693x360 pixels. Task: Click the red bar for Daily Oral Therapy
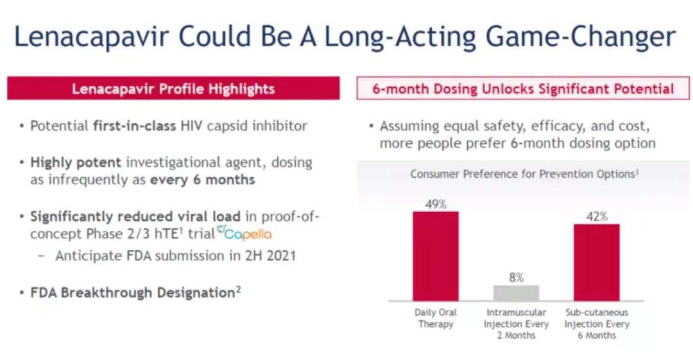pos(436,255)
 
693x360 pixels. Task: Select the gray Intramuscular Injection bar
pos(516,293)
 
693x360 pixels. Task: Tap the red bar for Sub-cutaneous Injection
pos(596,262)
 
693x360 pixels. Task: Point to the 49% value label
pos(436,205)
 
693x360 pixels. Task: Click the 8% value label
pos(516,278)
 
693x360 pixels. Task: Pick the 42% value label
pos(596,217)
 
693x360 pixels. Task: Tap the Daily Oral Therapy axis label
pos(436,318)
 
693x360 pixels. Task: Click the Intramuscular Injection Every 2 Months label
pos(516,323)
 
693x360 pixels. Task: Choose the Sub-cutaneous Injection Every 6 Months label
pos(596,323)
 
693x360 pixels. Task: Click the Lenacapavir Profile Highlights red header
pos(173,89)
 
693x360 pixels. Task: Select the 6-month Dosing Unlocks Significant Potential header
pos(523,89)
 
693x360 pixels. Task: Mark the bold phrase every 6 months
pos(202,180)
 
